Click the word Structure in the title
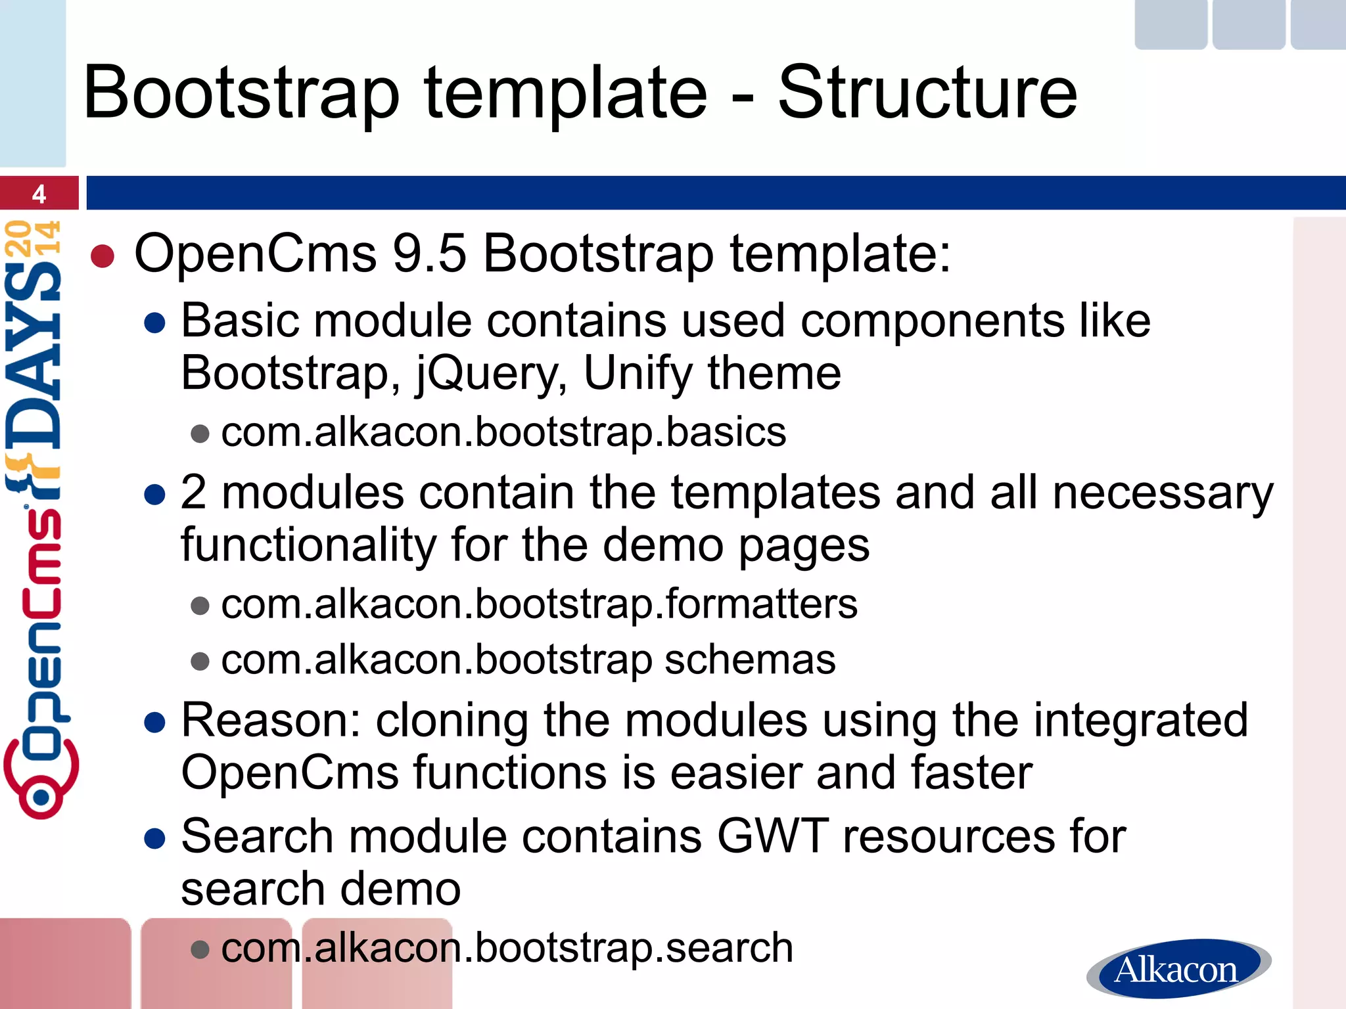point(927,93)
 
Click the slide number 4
point(39,194)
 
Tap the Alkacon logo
point(1177,969)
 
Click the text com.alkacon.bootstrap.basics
point(503,432)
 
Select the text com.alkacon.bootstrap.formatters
point(539,604)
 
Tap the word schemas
point(750,660)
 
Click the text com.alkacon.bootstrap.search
point(507,948)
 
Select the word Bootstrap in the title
point(241,93)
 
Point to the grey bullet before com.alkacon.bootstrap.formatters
point(200,605)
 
